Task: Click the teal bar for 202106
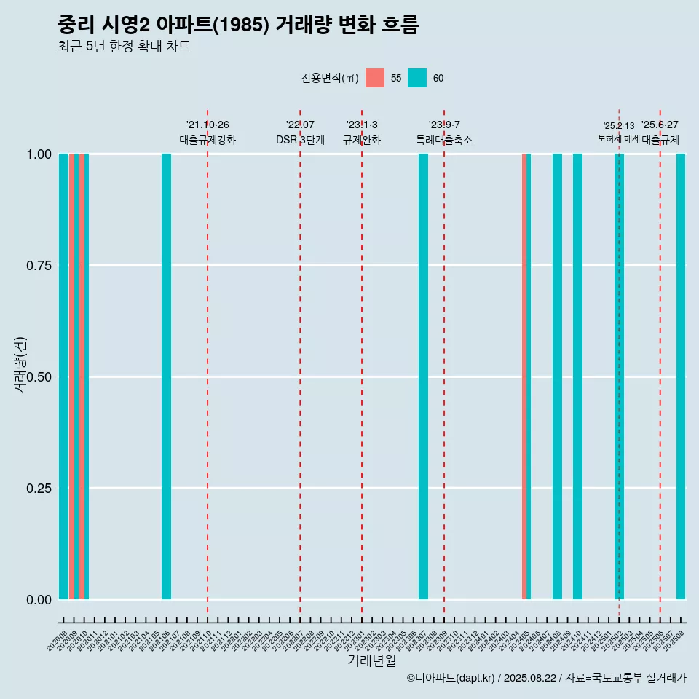tap(166, 376)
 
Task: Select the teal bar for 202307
tap(423, 376)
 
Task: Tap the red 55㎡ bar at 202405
tap(524, 376)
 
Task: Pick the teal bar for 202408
tap(557, 376)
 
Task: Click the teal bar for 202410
tap(577, 376)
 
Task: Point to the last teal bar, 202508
tap(681, 376)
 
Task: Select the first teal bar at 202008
tap(63, 376)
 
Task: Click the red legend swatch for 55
tap(375, 78)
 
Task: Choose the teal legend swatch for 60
tap(417, 78)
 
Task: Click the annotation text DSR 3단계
tap(300, 140)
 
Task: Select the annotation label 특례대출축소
tap(444, 140)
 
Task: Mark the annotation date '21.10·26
tap(208, 125)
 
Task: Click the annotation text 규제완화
tap(362, 140)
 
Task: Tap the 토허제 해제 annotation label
tap(618, 138)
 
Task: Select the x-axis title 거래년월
tap(371, 661)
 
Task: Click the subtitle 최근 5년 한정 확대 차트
tap(124, 47)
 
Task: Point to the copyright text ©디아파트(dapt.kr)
tap(451, 679)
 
